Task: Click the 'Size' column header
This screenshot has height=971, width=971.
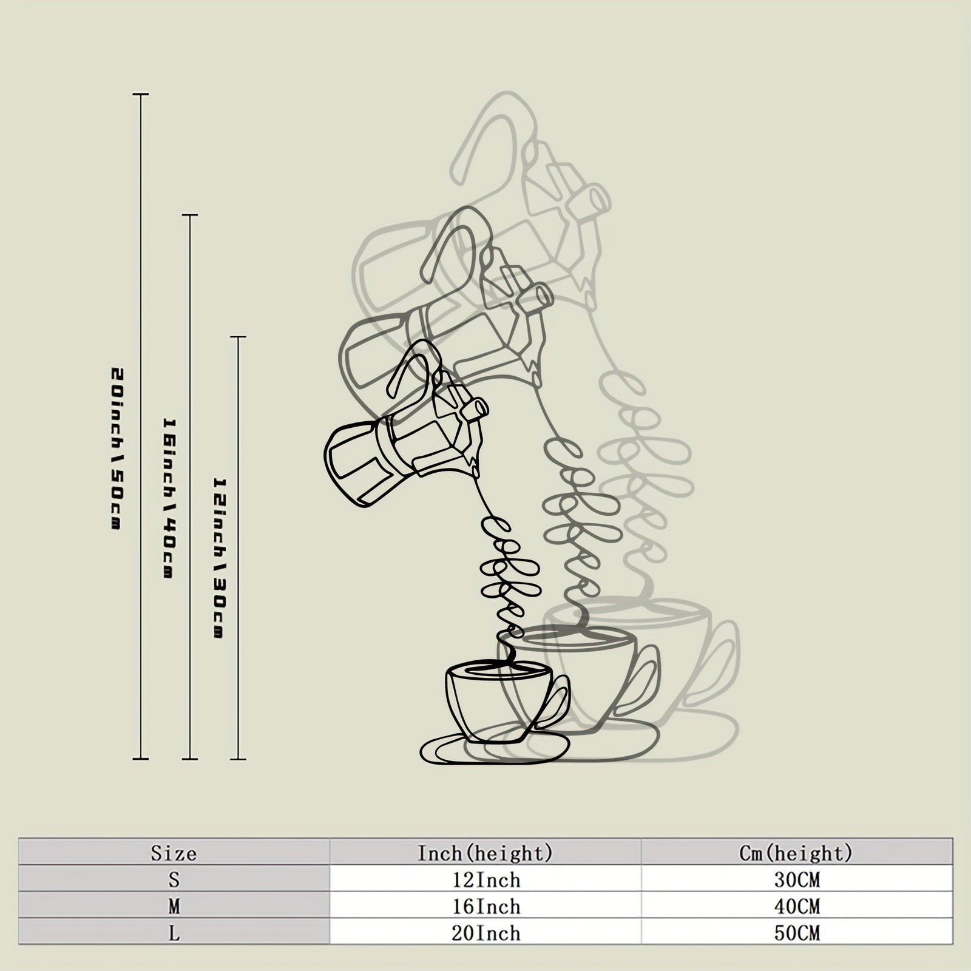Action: [174, 854]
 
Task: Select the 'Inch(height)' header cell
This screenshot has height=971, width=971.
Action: [486, 853]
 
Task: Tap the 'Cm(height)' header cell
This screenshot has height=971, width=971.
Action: [796, 853]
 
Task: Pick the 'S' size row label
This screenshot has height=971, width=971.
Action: [174, 879]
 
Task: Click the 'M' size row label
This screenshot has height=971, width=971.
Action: [174, 906]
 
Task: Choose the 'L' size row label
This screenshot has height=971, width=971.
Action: [174, 932]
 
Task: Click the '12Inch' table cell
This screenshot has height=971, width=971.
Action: [486, 879]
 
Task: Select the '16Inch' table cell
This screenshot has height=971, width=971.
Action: [486, 906]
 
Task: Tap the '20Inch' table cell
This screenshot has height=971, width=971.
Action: [486, 932]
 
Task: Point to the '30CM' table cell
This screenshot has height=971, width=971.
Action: [796, 879]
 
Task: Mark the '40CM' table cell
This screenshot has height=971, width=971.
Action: [796, 906]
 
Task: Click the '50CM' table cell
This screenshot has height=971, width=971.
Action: [796, 932]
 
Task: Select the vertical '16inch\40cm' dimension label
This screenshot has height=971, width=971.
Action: [169, 498]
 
